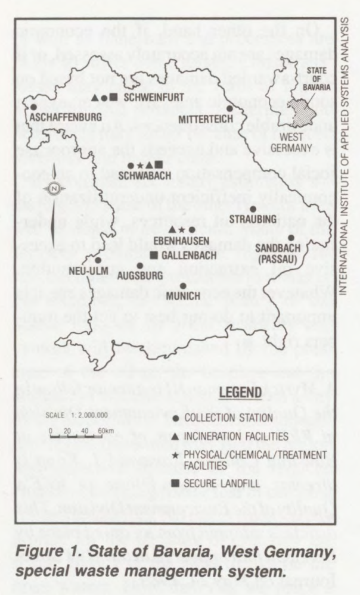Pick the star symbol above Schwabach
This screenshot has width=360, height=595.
point(139,166)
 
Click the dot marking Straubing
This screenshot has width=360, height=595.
point(253,209)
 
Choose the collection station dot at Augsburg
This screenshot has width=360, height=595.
point(140,266)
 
